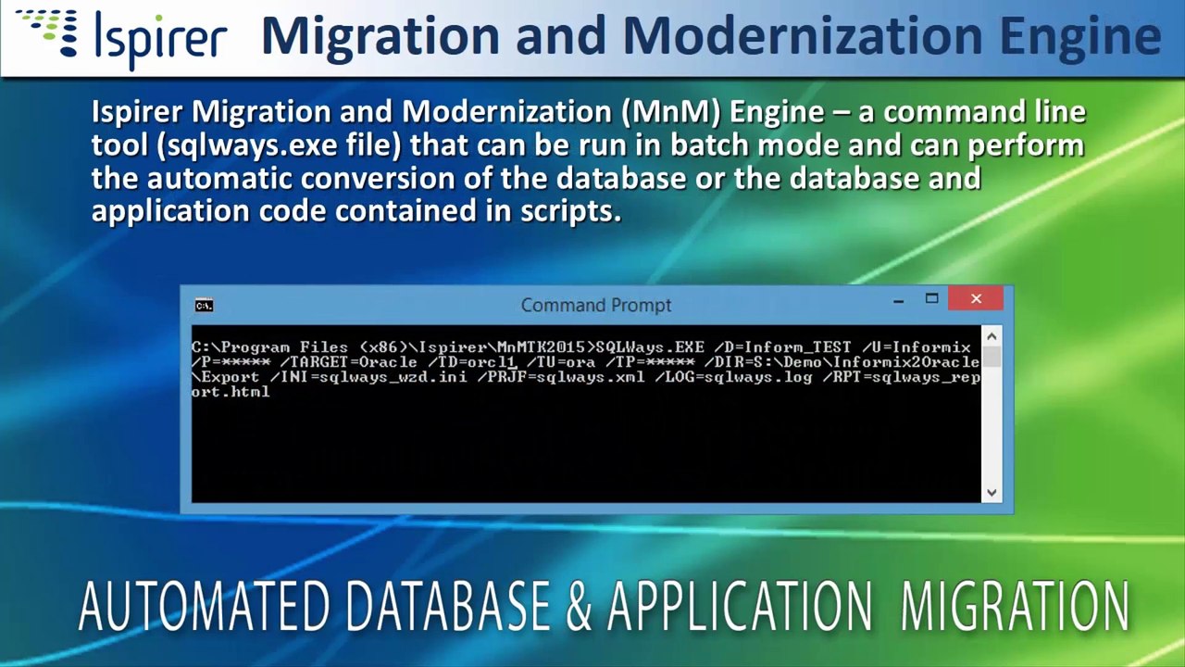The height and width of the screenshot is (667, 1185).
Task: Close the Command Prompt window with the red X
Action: tap(976, 298)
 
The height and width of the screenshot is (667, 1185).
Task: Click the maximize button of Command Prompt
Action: tap(932, 298)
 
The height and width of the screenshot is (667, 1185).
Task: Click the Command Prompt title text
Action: tap(595, 305)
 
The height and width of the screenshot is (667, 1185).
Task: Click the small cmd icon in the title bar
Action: tap(204, 305)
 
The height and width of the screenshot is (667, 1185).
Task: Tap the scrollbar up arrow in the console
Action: tap(992, 336)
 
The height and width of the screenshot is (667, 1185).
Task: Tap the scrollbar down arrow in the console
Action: tap(992, 493)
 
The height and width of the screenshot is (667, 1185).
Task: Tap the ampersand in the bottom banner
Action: tap(579, 607)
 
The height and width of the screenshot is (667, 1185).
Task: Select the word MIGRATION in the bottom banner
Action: tap(1015, 607)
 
